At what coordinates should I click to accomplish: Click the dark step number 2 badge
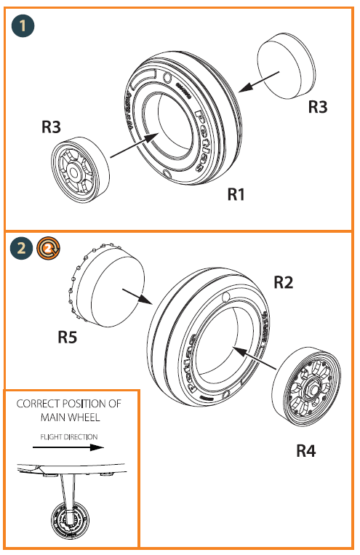tap(23, 249)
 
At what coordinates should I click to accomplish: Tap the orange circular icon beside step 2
tap(48, 249)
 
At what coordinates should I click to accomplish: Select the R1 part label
tap(240, 194)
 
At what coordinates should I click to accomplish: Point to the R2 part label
tap(283, 282)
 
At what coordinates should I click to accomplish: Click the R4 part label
tap(306, 450)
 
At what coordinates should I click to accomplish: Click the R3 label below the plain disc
tap(318, 106)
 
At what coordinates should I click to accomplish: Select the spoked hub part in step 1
tap(78, 169)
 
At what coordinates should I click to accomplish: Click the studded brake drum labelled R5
tap(109, 283)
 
